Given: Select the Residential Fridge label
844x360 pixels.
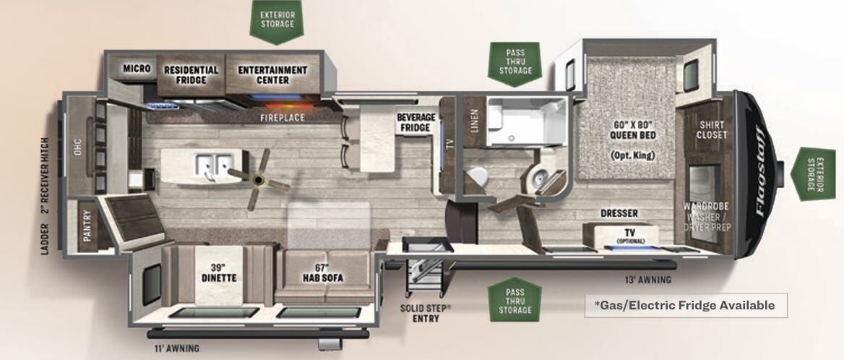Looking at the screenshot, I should click(x=191, y=74).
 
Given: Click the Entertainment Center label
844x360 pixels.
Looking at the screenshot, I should click(x=272, y=74).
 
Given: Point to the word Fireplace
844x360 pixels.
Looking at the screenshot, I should click(x=283, y=117).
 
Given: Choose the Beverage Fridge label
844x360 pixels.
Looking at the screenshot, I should click(x=415, y=122).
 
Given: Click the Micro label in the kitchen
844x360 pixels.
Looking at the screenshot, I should click(x=137, y=69).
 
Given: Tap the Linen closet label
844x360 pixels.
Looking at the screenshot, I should click(x=473, y=117).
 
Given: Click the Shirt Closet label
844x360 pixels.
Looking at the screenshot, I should click(x=711, y=129).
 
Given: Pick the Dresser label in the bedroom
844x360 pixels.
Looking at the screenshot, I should click(x=619, y=213).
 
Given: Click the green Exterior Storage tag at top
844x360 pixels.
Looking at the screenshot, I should click(x=277, y=20).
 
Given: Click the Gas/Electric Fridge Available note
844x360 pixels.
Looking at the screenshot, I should click(x=684, y=305).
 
